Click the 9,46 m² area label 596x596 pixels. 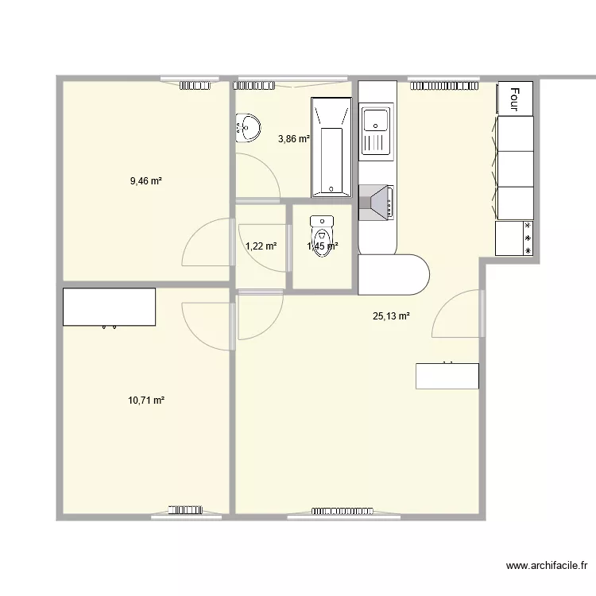coord(146,181)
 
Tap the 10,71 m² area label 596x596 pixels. coord(146,401)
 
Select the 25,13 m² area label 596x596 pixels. coord(391,315)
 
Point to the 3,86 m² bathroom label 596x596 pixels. coord(294,139)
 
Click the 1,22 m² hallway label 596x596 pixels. coord(261,246)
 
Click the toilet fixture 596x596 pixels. coord(322,236)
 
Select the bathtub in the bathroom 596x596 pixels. coord(331,147)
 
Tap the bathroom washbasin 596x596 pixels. coord(248,128)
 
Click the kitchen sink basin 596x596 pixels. coord(375,120)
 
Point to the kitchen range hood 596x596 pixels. coord(376,203)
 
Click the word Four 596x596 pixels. coord(515,99)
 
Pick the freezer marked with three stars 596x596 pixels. coord(514,238)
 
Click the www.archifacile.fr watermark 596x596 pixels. coord(547,566)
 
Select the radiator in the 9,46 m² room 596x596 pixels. coord(195,86)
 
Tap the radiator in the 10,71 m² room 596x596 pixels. coord(185,509)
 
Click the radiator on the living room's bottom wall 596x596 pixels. coord(343,511)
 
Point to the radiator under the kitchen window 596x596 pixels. coord(444,86)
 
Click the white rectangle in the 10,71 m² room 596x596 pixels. coord(109,307)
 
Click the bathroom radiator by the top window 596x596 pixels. coord(254,86)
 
